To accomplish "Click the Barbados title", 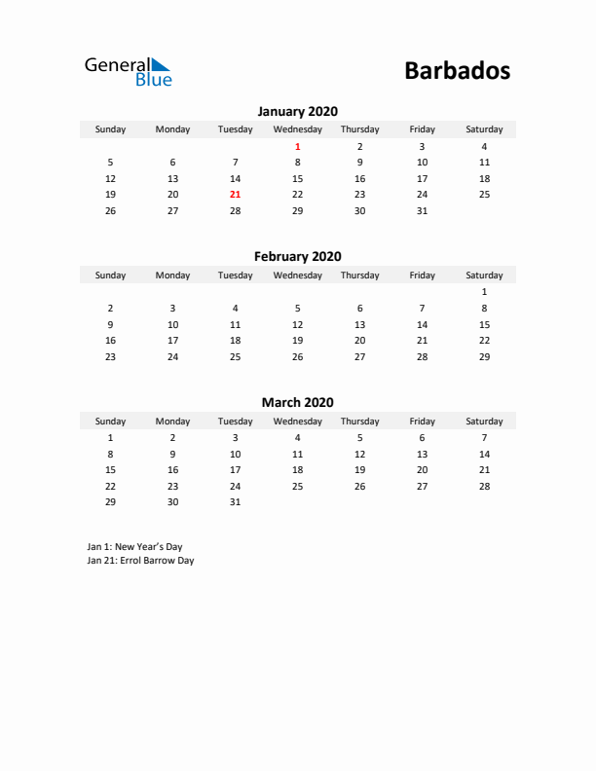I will point(456,71).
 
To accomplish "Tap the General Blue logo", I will point(128,71).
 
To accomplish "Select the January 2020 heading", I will point(297,111).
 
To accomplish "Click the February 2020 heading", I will point(297,257).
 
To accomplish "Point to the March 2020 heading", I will point(297,402).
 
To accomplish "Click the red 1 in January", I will point(297,146).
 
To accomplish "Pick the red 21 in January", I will point(235,195).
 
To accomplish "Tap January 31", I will point(422,210).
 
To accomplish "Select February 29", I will point(484,356).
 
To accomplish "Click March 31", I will point(235,502).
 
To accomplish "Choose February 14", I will point(422,324).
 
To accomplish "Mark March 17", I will point(235,469).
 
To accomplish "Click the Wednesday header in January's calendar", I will point(297,129).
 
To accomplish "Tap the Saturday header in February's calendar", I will point(484,275).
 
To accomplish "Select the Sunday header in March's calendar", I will point(110,422).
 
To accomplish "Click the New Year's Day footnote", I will point(134,547).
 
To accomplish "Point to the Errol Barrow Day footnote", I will point(140,561).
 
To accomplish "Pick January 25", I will point(484,195).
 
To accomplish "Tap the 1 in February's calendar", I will point(484,292).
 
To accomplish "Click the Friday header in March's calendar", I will point(422,422).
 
